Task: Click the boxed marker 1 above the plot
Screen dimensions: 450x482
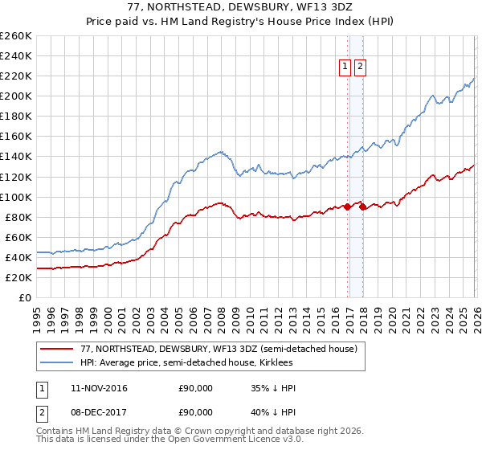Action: coord(345,67)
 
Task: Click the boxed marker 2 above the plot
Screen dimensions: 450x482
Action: coord(359,67)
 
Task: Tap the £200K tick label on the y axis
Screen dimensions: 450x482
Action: coord(16,96)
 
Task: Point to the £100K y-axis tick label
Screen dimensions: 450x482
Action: coord(16,197)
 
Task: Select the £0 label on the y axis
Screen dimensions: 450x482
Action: coord(24,297)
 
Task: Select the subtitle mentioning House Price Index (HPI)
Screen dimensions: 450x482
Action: coord(240,22)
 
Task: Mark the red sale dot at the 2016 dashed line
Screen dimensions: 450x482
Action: coord(348,207)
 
